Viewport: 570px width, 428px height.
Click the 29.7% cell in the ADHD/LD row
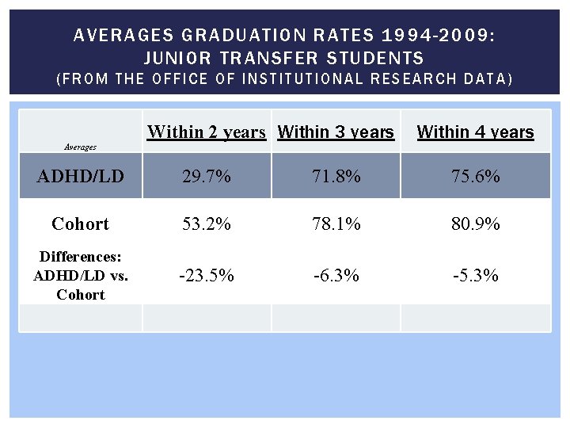click(207, 176)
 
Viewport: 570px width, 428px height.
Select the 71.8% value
click(336, 176)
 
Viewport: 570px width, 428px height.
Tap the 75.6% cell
click(475, 176)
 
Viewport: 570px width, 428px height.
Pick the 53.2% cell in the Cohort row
click(207, 224)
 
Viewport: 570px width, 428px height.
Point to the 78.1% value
click(336, 224)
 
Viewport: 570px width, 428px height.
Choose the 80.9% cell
click(475, 224)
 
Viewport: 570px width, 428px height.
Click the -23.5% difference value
click(207, 276)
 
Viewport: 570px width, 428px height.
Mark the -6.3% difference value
click(336, 276)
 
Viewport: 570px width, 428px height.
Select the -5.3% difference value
click(475, 276)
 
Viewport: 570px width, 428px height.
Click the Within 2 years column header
click(207, 132)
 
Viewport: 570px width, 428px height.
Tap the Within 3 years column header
click(336, 132)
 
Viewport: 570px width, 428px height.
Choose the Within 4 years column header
click(475, 132)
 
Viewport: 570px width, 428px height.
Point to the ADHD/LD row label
click(80, 176)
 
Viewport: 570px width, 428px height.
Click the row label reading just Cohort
click(80, 224)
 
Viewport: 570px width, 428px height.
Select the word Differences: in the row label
click(80, 257)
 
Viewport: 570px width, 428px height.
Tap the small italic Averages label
click(79, 147)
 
